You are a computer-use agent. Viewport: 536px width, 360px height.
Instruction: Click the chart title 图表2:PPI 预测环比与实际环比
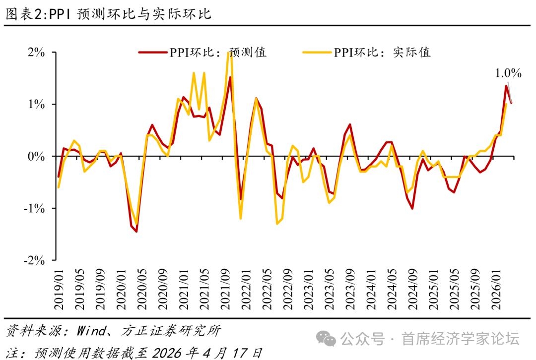(108, 14)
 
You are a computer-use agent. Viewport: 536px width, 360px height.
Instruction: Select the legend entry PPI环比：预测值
(203, 52)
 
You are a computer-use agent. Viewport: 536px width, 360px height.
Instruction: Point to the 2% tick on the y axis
(37, 53)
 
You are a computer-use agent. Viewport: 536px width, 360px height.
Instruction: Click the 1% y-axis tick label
(37, 105)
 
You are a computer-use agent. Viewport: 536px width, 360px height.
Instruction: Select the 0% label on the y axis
(37, 157)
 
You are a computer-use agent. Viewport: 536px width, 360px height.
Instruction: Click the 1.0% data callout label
(509, 74)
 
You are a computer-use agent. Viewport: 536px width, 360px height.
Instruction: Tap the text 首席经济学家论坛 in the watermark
(460, 339)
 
